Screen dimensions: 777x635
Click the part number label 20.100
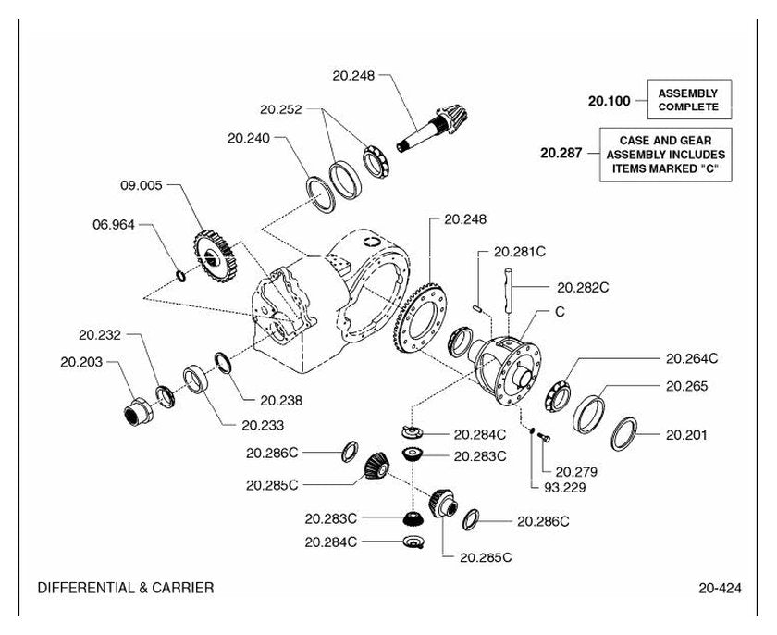tap(609, 101)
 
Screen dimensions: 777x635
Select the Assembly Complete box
tap(689, 99)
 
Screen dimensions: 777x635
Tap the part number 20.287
tap(561, 153)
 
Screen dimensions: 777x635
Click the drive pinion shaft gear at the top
tap(433, 127)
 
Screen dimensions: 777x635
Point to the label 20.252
tap(281, 109)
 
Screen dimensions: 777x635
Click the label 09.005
tap(142, 185)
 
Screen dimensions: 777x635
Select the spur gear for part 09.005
tap(214, 255)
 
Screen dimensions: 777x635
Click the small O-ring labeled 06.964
tap(181, 276)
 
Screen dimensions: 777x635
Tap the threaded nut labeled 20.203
tap(138, 411)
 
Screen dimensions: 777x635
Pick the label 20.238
tap(281, 400)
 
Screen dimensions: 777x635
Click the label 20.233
tap(263, 425)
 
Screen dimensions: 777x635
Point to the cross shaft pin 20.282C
tap(509, 291)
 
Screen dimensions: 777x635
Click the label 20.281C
tap(520, 252)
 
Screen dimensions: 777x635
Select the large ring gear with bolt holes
tap(420, 317)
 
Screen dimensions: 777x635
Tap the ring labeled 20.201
tap(623, 434)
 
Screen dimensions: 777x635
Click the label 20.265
tap(686, 386)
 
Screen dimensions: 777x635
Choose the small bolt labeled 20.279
tap(544, 437)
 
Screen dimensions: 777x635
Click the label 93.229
tap(565, 488)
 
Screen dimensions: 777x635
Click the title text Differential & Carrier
tap(126, 588)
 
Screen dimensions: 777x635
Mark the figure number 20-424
tap(720, 589)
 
